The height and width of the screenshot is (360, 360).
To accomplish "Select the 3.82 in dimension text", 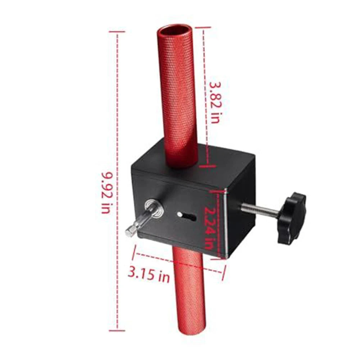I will tap(215, 101).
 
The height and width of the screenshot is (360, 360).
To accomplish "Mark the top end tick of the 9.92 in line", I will tap(117, 32).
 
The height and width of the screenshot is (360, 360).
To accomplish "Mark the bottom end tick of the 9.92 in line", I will tap(117, 330).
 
